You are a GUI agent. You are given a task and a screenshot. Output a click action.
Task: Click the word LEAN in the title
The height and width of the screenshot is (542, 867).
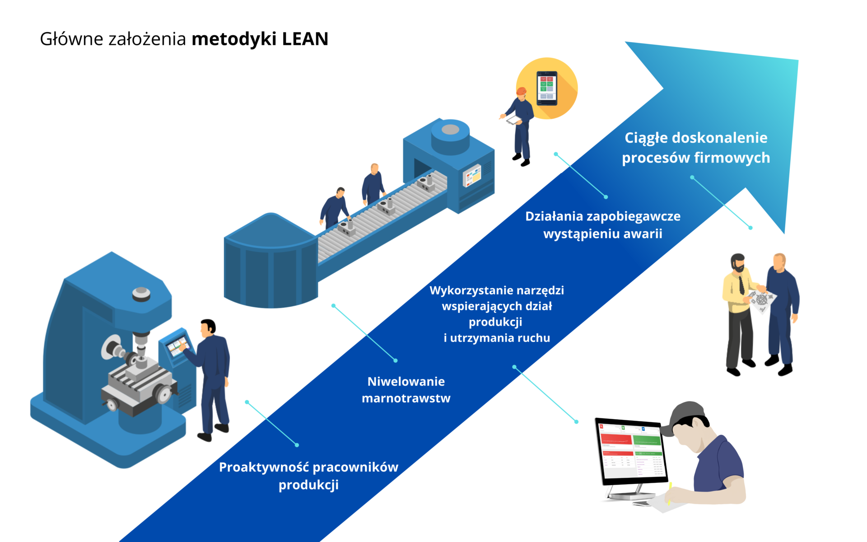click(305, 39)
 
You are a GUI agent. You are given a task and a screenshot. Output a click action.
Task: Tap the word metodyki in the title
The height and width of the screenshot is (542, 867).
click(234, 39)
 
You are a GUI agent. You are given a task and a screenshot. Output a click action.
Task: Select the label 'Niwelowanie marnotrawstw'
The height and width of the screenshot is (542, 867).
click(406, 390)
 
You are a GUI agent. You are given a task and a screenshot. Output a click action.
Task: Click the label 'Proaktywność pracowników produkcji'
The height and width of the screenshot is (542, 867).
click(308, 476)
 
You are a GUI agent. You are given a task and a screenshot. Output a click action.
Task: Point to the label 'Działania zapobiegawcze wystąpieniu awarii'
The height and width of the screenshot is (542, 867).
click(602, 225)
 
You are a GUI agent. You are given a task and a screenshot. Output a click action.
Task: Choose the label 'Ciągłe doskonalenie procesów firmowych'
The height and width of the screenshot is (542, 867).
click(695, 148)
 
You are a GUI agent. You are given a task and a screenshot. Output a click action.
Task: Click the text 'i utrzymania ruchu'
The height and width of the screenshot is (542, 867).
click(497, 338)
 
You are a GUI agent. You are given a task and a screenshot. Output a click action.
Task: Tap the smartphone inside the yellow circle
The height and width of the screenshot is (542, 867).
click(547, 88)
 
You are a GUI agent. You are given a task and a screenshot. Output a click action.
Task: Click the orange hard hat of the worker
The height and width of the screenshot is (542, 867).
click(522, 91)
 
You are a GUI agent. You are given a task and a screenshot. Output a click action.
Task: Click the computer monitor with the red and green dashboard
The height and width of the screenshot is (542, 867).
click(632, 452)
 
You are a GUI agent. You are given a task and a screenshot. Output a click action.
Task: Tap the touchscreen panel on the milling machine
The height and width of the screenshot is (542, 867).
click(177, 345)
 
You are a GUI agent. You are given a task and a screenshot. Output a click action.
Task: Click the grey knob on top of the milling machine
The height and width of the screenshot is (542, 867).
click(141, 294)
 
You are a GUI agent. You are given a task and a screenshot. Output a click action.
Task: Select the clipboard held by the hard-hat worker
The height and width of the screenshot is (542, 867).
click(514, 120)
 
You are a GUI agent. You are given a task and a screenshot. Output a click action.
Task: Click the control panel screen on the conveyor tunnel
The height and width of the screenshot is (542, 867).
click(472, 175)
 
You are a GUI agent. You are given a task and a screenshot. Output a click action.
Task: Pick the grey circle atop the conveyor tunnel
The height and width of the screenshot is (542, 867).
click(450, 130)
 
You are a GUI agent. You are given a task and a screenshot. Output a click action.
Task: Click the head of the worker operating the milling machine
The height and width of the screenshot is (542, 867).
click(208, 327)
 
